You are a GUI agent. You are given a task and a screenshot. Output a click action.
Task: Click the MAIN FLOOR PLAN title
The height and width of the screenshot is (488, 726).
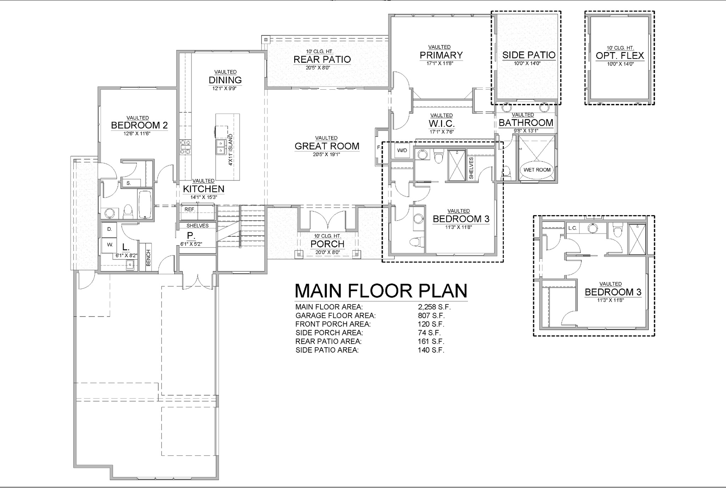(x=381, y=291)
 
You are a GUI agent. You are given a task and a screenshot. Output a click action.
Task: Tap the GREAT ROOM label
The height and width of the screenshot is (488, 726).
(x=327, y=146)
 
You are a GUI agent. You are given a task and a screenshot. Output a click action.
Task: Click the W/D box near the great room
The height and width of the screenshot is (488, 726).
(x=402, y=150)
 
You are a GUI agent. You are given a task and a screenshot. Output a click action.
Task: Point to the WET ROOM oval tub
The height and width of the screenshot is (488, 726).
(x=537, y=170)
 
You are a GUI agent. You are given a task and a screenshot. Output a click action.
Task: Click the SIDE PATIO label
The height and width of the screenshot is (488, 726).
(x=529, y=55)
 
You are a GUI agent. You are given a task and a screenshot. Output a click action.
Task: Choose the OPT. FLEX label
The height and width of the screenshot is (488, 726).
(x=620, y=56)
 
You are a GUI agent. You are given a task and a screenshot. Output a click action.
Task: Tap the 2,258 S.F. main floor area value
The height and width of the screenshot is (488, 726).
(x=434, y=307)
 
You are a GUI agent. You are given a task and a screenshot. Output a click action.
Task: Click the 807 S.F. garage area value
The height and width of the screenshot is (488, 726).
(x=431, y=315)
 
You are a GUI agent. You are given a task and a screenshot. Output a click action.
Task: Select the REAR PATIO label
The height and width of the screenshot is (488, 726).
(x=322, y=59)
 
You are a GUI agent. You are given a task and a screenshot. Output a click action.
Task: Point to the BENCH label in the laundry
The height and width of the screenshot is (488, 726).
(x=148, y=258)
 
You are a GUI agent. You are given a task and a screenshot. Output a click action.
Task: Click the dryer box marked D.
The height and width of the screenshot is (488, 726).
(x=110, y=230)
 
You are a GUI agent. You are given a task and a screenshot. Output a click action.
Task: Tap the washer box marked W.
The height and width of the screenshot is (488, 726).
(x=110, y=245)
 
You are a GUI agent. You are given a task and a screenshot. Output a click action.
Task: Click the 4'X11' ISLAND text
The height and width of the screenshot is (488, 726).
(x=230, y=150)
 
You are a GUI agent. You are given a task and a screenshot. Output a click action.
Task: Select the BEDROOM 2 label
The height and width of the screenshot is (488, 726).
(x=139, y=125)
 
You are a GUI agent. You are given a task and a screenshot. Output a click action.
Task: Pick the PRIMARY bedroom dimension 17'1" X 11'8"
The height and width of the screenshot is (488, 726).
(x=441, y=63)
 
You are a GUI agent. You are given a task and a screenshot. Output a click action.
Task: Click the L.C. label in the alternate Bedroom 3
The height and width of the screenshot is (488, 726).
(x=573, y=228)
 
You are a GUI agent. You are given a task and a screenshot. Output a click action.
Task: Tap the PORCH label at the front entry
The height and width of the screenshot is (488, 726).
(x=327, y=244)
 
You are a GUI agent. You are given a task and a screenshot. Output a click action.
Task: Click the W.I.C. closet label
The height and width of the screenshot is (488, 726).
(x=441, y=124)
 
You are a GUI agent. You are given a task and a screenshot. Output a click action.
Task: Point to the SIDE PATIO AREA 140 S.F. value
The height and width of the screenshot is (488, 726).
(x=431, y=350)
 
